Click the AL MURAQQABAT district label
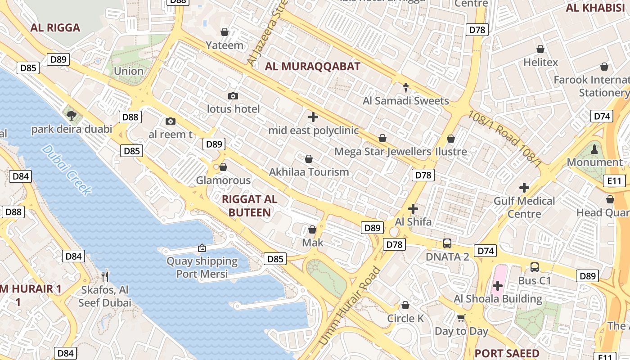pos(312,67)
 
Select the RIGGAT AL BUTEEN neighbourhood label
pos(250,206)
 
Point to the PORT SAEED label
pos(507,353)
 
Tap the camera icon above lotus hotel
pos(233,96)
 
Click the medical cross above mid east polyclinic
pos(313,117)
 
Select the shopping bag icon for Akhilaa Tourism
pos(309,159)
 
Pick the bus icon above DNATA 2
pos(447,243)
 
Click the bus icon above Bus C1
pos(534,267)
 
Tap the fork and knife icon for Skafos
pos(105,276)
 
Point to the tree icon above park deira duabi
pos(71,116)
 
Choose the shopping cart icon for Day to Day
pos(461,318)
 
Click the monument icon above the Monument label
pos(594,149)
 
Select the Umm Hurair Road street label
pos(349,306)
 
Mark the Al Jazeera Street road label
pos(267,34)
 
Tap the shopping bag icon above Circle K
pos(405,306)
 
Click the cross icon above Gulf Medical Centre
pos(524,188)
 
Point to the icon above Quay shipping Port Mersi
pos(202,248)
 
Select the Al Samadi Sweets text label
pos(406,101)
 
